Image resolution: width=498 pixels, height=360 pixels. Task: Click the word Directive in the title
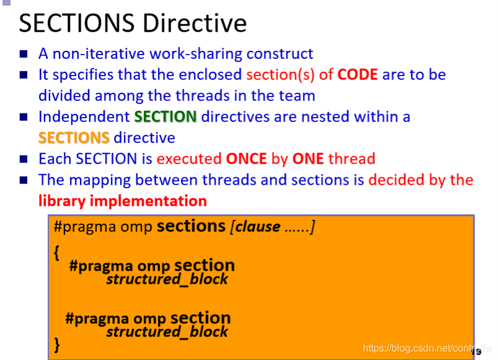[x=194, y=23]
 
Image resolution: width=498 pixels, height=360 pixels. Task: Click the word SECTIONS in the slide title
[x=77, y=23]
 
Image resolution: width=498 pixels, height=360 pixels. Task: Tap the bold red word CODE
[x=357, y=75]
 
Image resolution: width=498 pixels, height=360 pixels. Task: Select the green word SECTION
[x=165, y=116]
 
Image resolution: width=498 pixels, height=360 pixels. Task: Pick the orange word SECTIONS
[x=74, y=138]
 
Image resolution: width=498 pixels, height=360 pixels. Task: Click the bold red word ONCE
[x=247, y=159]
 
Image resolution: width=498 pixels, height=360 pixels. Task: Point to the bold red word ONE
[x=308, y=159]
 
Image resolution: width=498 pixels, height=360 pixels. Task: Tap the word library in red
[x=62, y=201]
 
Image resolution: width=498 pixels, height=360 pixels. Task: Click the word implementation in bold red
[x=148, y=201]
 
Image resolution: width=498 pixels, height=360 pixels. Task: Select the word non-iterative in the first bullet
[x=98, y=53]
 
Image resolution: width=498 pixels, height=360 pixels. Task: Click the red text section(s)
[x=281, y=75]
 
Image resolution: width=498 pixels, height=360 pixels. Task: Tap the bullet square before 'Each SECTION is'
[x=24, y=159]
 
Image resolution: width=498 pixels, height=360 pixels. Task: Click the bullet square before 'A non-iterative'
[x=24, y=54]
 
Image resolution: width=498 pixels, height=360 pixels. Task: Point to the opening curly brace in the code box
[x=57, y=253]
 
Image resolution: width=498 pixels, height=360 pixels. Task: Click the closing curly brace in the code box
[x=57, y=345]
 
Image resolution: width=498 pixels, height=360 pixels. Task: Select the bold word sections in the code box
[x=191, y=226]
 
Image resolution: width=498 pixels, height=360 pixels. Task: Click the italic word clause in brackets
[x=258, y=227]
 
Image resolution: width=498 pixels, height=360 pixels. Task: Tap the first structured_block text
[x=167, y=279]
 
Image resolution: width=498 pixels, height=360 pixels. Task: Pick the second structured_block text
[x=167, y=332]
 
